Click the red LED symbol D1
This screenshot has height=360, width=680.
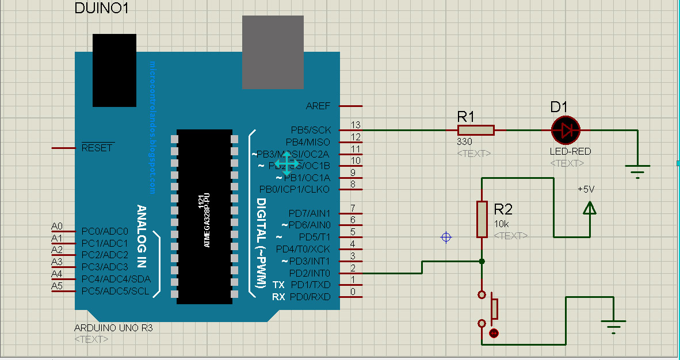566,130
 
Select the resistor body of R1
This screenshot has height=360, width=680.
476,130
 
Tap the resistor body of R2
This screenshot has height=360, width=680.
482,219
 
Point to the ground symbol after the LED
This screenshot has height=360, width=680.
637,171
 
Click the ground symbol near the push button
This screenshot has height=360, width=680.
614,327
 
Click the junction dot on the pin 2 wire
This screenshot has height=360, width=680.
482,262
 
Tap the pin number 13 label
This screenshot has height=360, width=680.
356,125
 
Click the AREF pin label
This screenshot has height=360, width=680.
318,106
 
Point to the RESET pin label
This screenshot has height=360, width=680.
97,148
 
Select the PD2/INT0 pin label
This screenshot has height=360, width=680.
310,273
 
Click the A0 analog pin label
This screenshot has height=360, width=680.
57,226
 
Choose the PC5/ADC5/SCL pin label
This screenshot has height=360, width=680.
115,291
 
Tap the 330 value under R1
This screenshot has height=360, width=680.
465,141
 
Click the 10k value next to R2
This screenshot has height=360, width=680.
502,223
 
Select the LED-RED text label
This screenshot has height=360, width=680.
570,151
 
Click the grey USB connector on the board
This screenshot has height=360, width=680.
273,52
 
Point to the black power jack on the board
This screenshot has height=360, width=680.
114,70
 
